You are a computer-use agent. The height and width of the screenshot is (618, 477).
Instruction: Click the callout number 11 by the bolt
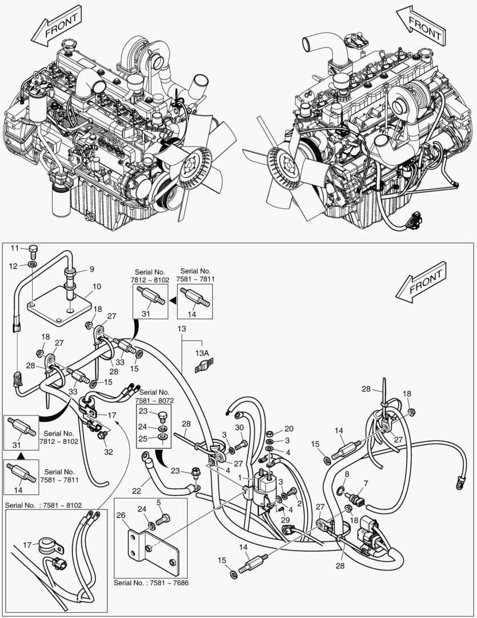(15, 248)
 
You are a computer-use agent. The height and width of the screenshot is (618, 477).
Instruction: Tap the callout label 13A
(203, 353)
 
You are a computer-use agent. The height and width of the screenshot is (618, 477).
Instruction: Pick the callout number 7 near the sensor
(366, 484)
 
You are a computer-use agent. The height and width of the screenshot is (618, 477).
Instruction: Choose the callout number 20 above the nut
(288, 429)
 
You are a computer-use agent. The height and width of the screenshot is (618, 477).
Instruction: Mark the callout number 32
(109, 451)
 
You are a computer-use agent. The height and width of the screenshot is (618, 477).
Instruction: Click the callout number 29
(286, 520)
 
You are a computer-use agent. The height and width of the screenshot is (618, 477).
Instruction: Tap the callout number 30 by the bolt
(239, 428)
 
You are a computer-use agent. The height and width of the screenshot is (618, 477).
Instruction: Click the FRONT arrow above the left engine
(56, 25)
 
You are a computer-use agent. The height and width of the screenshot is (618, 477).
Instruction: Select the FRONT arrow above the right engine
(420, 26)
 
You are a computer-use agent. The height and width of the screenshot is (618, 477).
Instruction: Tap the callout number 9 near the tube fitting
(91, 269)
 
